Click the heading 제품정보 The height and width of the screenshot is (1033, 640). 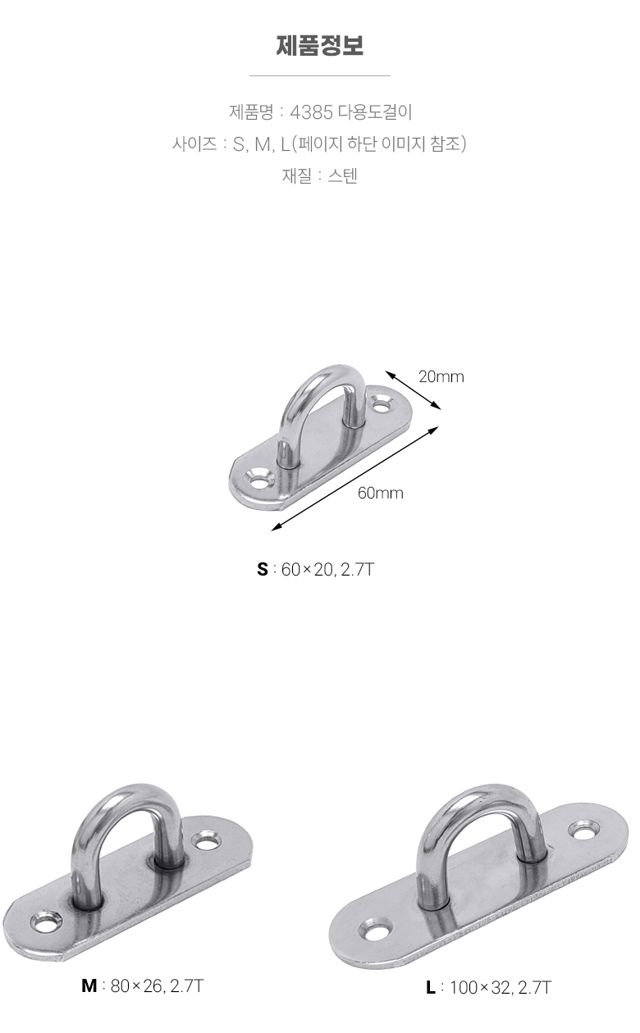(320, 46)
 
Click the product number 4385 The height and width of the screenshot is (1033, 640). (312, 112)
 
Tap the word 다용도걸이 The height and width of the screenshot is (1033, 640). (375, 112)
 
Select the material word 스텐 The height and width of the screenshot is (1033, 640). (343, 175)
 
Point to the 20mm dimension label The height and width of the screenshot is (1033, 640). (441, 377)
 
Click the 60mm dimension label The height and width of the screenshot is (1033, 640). (380, 493)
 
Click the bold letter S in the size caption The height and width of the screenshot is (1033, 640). (263, 570)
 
